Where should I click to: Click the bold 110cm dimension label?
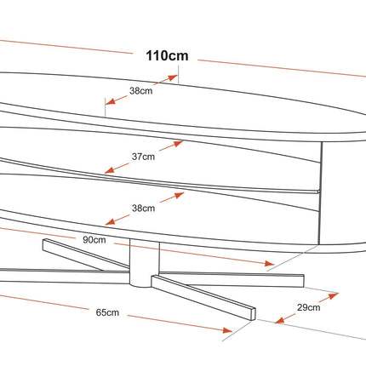pyautogui.click(x=167, y=55)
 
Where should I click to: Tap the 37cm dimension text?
pyautogui.click(x=143, y=157)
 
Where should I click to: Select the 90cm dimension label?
pyautogui.click(x=94, y=240)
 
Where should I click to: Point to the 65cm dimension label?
pyautogui.click(x=107, y=312)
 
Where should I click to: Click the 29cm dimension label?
pyautogui.click(x=309, y=307)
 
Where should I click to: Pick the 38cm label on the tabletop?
pyautogui.click(x=141, y=91)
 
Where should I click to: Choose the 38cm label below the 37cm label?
pyautogui.click(x=143, y=209)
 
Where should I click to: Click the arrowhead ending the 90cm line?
pyautogui.click(x=269, y=264)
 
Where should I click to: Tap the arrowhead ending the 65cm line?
pyautogui.click(x=227, y=330)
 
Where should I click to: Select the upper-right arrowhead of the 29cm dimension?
pyautogui.click(x=334, y=295)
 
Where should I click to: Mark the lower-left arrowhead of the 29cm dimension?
pyautogui.click(x=279, y=320)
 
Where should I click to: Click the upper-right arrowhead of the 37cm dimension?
pyautogui.click(x=179, y=144)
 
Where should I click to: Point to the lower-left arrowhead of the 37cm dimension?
pyautogui.click(x=110, y=169)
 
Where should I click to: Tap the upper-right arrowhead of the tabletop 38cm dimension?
pyautogui.click(x=173, y=77)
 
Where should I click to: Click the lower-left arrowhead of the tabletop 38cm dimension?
pyautogui.click(x=111, y=101)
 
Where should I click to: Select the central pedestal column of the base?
pyautogui.click(x=145, y=262)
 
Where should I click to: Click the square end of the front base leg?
pyautogui.click(x=253, y=313)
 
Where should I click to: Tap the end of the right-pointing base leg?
pyautogui.click(x=304, y=281)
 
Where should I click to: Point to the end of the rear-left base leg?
pyautogui.click(x=44, y=244)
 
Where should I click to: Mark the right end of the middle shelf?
pyautogui.click(x=318, y=192)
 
